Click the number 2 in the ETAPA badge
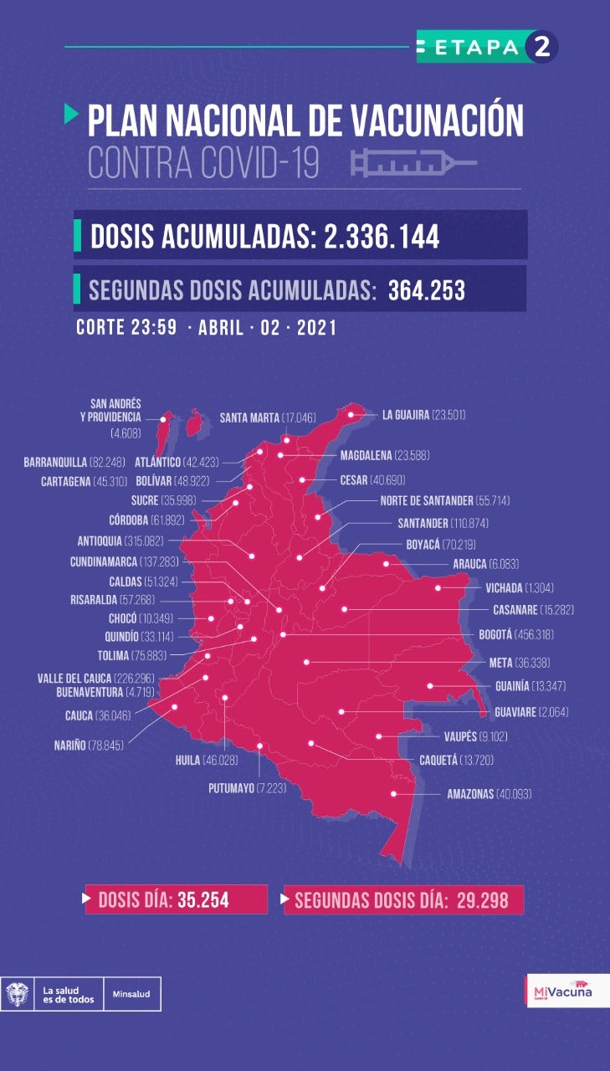(541, 48)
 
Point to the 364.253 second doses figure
(426, 290)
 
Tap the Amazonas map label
(489, 794)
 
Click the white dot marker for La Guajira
(351, 414)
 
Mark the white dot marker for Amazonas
(393, 794)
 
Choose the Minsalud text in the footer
(132, 995)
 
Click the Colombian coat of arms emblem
(18, 994)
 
